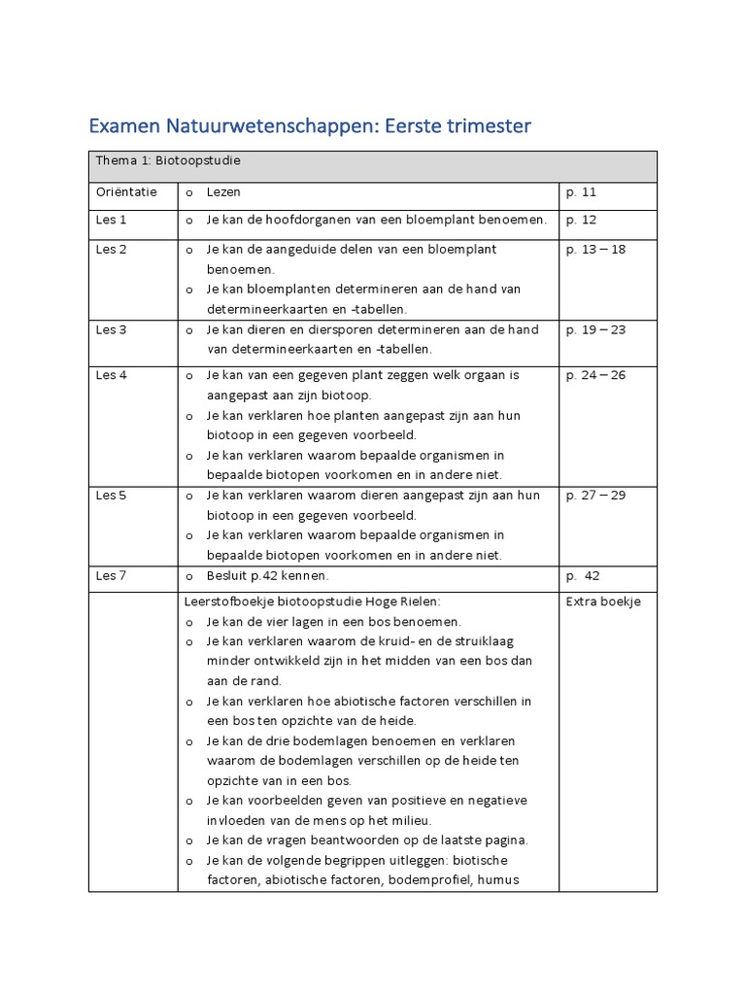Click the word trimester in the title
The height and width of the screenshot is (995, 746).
482,126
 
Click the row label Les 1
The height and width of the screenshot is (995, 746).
111,221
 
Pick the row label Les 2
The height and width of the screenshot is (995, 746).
111,250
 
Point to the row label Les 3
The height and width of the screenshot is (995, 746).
111,329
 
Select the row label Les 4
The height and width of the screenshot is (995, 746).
111,376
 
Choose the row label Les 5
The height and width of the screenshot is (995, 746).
111,496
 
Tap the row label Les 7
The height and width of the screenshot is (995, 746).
111,576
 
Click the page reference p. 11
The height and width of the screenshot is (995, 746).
582,193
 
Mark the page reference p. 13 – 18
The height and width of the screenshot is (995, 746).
595,250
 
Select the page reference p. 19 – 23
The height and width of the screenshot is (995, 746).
595,329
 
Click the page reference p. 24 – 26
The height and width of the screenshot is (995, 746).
595,376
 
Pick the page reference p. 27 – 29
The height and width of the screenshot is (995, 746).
595,496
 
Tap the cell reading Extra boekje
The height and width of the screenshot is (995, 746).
603,601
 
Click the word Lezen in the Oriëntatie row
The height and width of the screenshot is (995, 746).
223,193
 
